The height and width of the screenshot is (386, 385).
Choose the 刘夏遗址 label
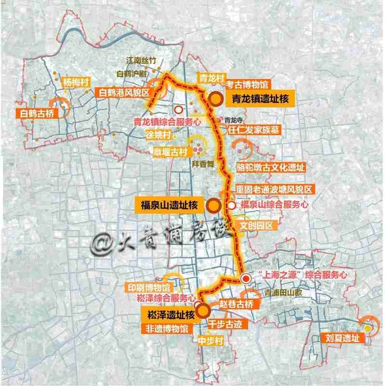343,338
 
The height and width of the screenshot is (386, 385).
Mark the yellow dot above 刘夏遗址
368,329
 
